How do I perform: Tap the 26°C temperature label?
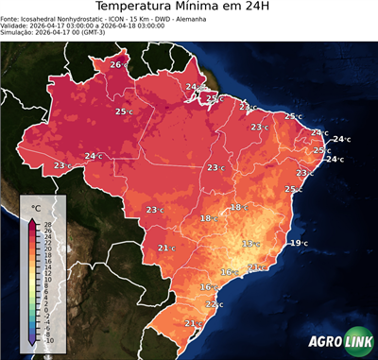pos(117,64)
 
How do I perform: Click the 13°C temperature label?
pos(250,244)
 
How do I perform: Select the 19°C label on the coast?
pos(298,243)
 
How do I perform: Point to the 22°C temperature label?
pos(214,304)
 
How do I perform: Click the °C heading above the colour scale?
pos(36,207)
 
